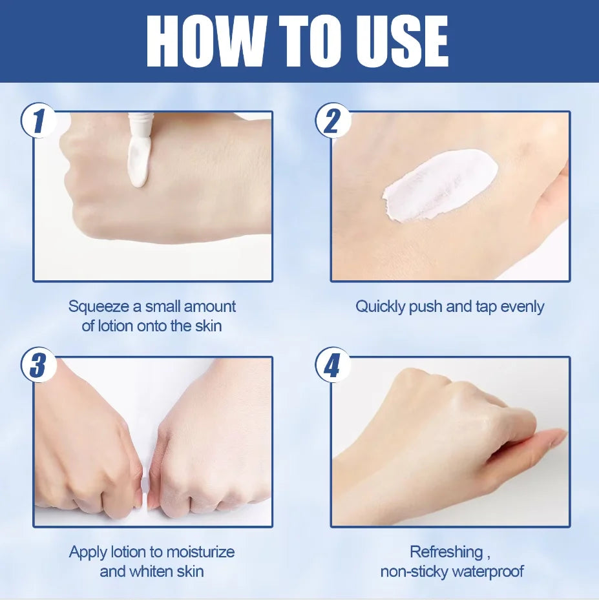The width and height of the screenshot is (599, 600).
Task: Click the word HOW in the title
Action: (205, 41)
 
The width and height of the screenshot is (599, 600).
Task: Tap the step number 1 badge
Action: (39, 121)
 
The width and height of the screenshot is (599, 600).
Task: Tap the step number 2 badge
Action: (333, 121)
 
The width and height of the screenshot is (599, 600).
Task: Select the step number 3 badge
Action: (39, 365)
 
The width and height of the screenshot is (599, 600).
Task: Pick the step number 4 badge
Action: (333, 365)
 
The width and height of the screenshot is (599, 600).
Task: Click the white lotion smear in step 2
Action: (440, 185)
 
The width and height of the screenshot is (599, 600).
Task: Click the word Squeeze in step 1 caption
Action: (99, 307)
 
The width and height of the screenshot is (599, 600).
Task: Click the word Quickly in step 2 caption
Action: (380, 307)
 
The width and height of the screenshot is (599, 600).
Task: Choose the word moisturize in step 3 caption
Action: (200, 552)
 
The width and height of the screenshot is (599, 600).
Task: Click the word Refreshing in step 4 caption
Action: (447, 552)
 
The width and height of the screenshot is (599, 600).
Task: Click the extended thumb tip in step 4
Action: (562, 434)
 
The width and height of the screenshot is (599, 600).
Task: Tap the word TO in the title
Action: (310, 41)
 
